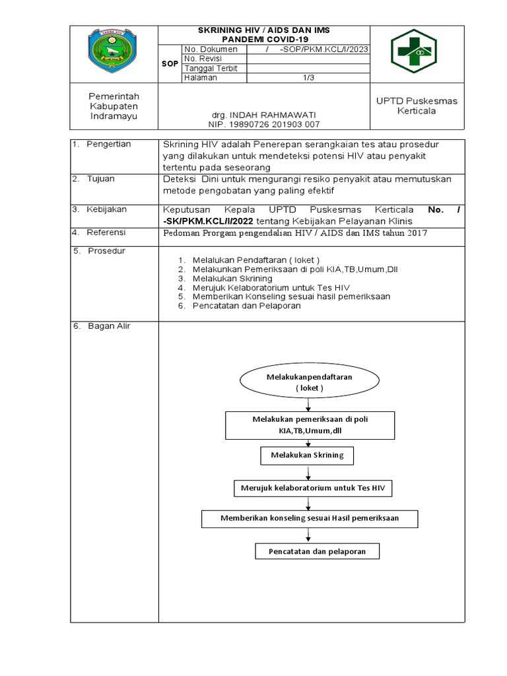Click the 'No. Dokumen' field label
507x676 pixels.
pos(211,50)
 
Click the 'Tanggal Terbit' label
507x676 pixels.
pos(211,68)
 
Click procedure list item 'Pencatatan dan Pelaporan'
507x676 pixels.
pos(246,306)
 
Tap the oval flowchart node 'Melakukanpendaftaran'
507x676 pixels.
pos(309,382)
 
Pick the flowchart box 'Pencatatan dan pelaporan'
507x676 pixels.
pos(317,551)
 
